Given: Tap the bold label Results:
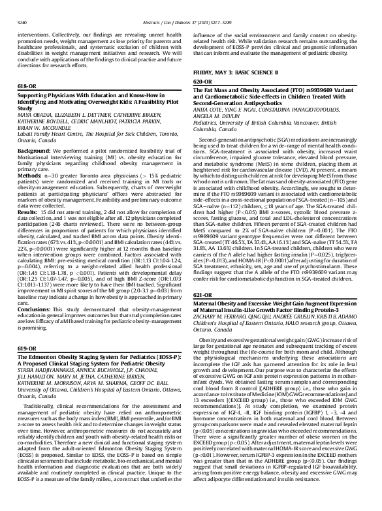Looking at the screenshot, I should click(x=28, y=211).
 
